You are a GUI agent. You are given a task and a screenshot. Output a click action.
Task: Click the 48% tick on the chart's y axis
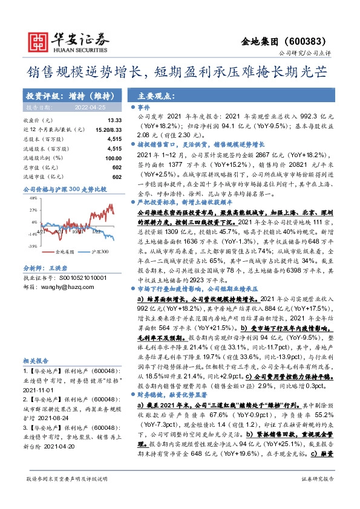(33, 210)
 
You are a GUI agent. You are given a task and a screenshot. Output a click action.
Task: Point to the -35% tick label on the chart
(33, 246)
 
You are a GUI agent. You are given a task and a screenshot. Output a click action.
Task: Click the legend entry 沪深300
(100, 251)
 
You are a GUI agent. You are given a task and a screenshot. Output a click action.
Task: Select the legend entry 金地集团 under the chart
(64, 251)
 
